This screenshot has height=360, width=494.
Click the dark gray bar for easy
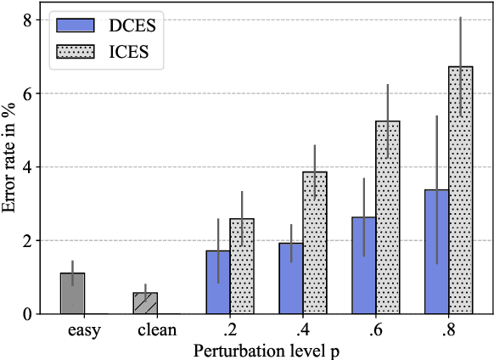tap(72, 294)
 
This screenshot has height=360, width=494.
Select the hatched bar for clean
tap(145, 303)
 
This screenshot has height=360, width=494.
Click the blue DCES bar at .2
tap(218, 282)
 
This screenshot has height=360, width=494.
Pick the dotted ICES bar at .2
tap(242, 267)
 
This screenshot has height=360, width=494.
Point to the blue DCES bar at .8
tap(436, 252)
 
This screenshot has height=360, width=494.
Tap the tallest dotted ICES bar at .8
tap(460, 190)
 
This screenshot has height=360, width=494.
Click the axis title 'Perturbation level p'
tap(266, 349)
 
